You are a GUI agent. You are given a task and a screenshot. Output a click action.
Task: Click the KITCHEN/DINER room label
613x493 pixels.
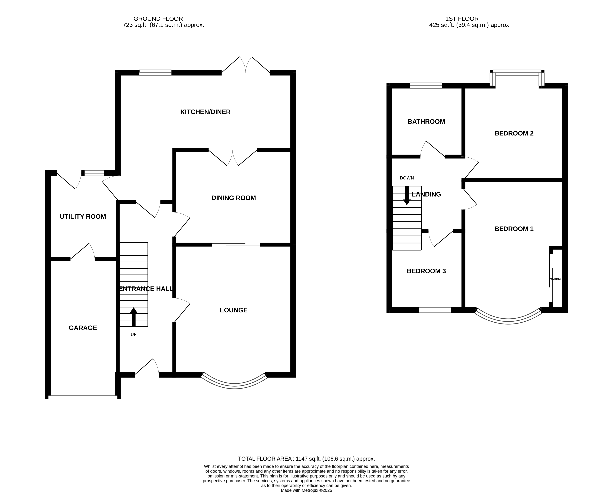(205, 112)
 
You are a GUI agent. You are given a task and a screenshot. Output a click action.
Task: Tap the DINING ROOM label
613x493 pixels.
(234, 198)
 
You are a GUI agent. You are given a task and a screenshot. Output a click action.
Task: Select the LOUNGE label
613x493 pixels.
(234, 310)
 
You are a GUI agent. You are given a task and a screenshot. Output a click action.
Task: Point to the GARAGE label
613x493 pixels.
(83, 328)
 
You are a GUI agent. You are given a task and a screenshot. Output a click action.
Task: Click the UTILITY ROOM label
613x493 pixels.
(83, 217)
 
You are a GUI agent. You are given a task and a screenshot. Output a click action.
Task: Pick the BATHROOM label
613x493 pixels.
(426, 122)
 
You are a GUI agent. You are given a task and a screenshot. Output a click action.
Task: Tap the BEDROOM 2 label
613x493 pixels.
(514, 133)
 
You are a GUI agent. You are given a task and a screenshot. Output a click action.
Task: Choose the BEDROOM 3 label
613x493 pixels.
(426, 271)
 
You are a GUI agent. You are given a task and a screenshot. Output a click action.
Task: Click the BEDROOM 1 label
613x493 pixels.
(514, 229)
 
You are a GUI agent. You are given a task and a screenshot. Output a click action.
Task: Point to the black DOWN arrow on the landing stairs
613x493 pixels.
(407, 196)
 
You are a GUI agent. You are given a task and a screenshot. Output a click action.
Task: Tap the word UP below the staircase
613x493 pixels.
(134, 335)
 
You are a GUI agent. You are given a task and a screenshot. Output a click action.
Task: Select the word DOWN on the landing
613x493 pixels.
(407, 178)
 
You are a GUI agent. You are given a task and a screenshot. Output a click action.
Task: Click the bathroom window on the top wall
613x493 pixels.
(426, 86)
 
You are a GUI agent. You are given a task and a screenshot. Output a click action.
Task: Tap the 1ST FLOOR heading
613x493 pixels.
(462, 19)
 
